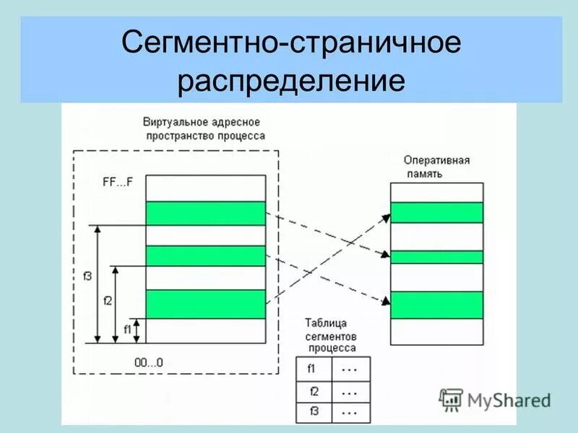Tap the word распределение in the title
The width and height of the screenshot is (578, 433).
point(290,81)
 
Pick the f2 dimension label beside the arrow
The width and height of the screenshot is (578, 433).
point(108,300)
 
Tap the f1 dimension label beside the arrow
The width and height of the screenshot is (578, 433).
point(127,330)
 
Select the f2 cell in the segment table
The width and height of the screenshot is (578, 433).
point(314,392)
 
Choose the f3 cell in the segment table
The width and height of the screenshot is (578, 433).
point(314,412)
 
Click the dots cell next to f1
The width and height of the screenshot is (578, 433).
point(350,369)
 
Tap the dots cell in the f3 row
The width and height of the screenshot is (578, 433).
point(350,412)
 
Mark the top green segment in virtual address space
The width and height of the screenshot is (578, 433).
point(206,213)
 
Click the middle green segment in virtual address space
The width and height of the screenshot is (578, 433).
point(206,256)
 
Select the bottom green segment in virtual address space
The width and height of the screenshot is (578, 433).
point(206,304)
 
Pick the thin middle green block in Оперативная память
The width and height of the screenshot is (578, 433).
point(436,257)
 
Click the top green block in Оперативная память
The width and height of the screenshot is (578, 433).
point(436,213)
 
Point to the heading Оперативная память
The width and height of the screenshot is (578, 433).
point(436,167)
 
